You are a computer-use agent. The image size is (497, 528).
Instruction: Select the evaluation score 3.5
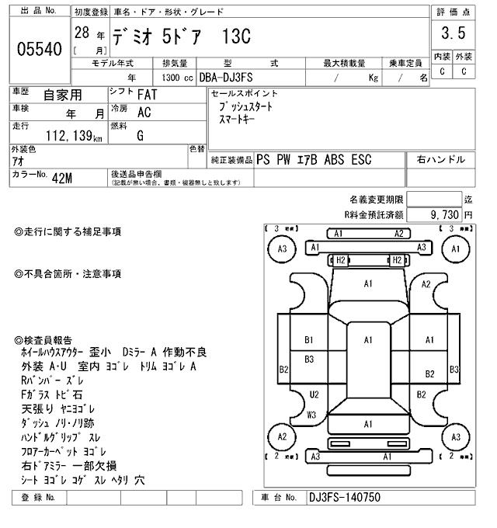452,33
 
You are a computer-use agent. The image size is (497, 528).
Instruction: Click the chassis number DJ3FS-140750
344,498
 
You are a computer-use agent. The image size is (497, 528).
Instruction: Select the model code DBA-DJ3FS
234,78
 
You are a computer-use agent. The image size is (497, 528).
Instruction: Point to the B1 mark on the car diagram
308,339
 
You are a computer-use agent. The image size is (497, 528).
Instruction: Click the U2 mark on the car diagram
314,394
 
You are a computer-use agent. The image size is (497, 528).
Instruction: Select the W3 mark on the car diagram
311,415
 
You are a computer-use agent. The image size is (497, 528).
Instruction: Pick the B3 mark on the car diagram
308,359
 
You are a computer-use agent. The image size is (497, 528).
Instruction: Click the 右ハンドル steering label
441,160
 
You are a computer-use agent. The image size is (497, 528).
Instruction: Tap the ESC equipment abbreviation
360,160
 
